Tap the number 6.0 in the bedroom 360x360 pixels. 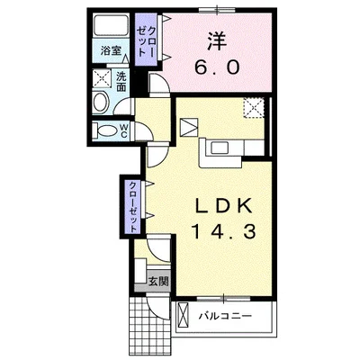pyautogui.click(x=217, y=67)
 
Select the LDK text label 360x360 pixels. pyautogui.click(x=223, y=207)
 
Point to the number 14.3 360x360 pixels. pyautogui.click(x=223, y=232)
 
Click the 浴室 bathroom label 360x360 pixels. pyautogui.click(x=111, y=50)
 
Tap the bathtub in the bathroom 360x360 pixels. pyautogui.click(x=111, y=25)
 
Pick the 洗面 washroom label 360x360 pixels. pyautogui.click(x=121, y=82)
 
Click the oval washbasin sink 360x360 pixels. pyautogui.click(x=101, y=102)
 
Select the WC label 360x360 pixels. pyautogui.click(x=123, y=131)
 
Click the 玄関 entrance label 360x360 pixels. pyautogui.click(x=158, y=282)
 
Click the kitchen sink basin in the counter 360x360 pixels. pyautogui.click(x=220, y=148)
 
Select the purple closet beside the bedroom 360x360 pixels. pyautogui.click(x=146, y=40)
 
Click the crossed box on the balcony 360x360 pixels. pyautogui.click(x=183, y=316)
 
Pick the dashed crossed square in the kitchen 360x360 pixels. pyautogui.click(x=254, y=108)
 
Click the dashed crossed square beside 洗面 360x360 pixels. pyautogui.click(x=101, y=77)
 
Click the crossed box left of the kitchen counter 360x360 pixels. pyautogui.click(x=189, y=127)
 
